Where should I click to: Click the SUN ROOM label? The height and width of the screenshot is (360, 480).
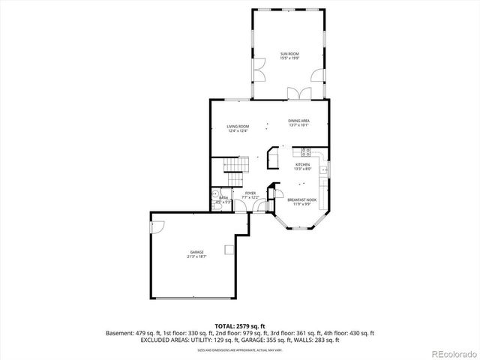pyautogui.click(x=289, y=54)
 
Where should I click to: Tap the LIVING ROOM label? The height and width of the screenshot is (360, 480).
pyautogui.click(x=238, y=126)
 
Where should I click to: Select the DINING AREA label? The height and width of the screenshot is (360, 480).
pyautogui.click(x=299, y=121)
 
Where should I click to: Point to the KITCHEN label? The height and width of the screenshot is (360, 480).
pyautogui.click(x=302, y=164)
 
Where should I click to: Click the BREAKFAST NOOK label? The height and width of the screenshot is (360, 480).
pyautogui.click(x=301, y=199)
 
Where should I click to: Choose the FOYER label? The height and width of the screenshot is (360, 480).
pyautogui.click(x=250, y=193)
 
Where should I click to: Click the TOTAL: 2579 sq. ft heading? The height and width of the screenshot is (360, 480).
pyautogui.click(x=239, y=325)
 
